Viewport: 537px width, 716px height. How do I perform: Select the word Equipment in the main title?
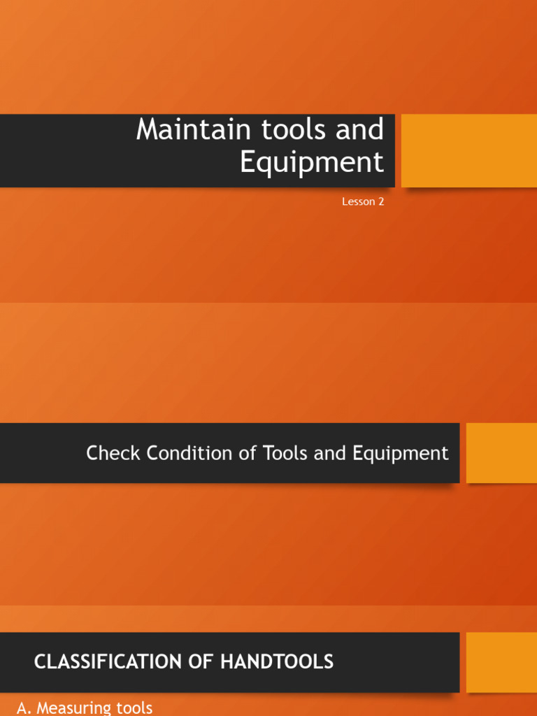tap(312, 162)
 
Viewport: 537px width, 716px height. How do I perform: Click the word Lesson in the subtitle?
tap(357, 202)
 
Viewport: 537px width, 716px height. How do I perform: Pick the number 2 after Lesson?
tap(381, 202)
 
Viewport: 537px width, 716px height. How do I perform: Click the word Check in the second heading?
tap(108, 453)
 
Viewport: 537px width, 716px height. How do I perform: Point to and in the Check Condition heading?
tap(330, 453)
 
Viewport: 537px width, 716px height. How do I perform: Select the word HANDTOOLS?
tap(277, 661)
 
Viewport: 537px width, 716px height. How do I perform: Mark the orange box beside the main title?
tap(468, 150)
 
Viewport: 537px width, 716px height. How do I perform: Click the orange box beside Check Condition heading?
tap(501, 452)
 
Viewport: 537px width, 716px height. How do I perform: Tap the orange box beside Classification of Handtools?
tap(501, 661)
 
